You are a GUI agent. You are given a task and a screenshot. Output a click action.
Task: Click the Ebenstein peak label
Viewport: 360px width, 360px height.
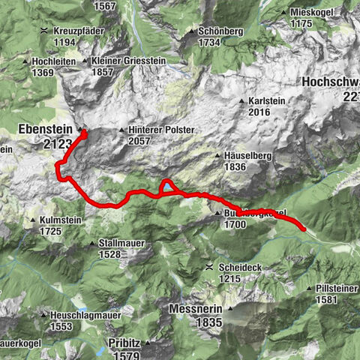(x=46, y=129)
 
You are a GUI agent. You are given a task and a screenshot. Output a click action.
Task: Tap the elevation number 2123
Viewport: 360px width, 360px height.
(x=58, y=142)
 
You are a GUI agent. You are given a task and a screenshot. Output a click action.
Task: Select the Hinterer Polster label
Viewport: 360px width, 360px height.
(x=161, y=130)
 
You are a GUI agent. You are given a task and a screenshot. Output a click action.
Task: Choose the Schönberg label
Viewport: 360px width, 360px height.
(x=220, y=32)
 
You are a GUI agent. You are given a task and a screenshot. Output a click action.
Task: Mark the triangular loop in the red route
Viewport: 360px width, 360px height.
(x=167, y=187)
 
